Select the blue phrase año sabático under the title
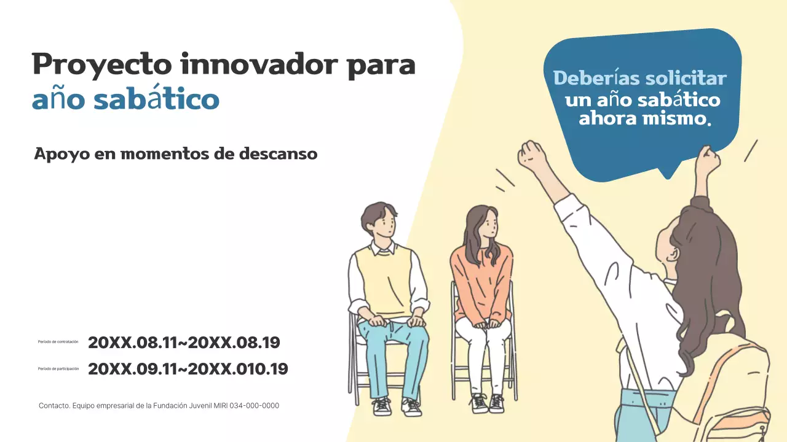[x=125, y=100]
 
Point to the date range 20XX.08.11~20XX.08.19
[x=184, y=343]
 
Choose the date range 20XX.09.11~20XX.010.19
[x=188, y=369]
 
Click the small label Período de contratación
[x=58, y=342]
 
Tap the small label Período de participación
[x=58, y=369]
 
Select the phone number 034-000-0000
[x=254, y=406]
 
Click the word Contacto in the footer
[x=53, y=406]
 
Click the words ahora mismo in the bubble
[x=644, y=118]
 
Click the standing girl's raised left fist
[x=532, y=157]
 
